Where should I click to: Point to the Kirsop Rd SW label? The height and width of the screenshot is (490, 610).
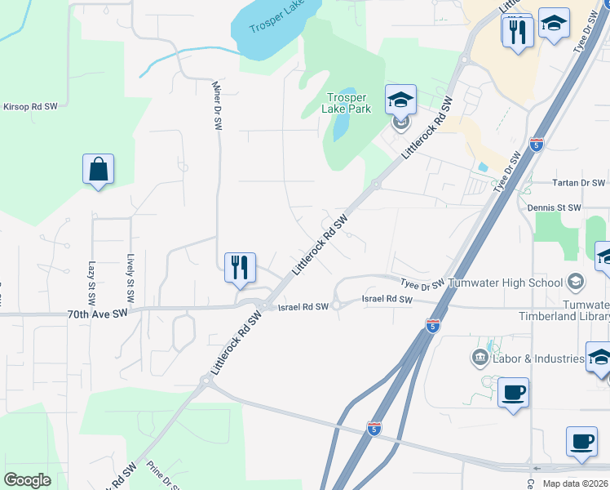point(30,106)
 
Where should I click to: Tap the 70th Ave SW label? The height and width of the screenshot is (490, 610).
point(99,313)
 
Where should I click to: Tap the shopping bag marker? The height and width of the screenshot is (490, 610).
point(98,170)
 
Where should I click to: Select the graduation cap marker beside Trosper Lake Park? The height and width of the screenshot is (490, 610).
point(400,100)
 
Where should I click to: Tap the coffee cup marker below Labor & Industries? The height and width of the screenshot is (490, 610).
point(512,393)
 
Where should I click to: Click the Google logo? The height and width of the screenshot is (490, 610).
point(27,480)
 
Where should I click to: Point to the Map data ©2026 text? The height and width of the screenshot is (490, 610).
point(576,483)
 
